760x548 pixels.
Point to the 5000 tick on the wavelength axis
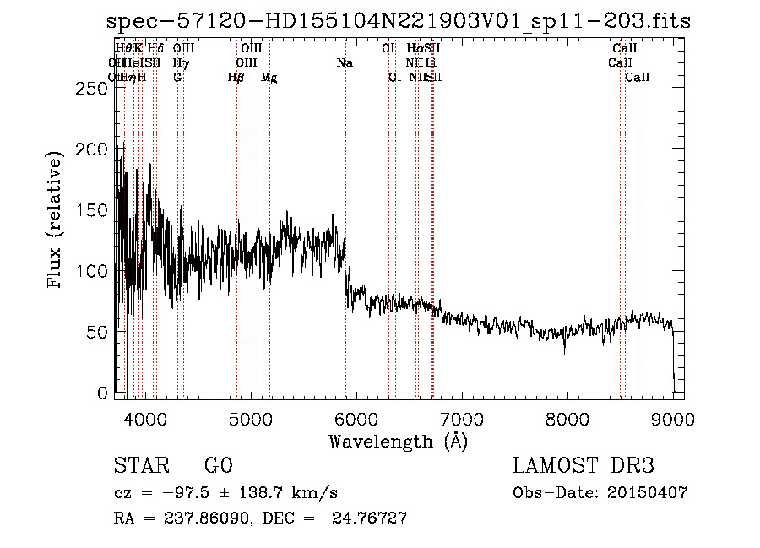point(249,419)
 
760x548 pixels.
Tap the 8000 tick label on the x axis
point(567,419)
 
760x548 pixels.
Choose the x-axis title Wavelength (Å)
point(398,441)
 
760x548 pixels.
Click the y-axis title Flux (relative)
point(57,221)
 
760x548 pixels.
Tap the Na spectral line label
point(345,63)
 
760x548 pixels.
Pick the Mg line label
point(269,78)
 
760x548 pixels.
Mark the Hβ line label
point(236,78)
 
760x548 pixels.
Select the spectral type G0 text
point(218,467)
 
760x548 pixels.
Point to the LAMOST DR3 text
point(583,467)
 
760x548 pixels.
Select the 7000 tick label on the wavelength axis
point(461,419)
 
